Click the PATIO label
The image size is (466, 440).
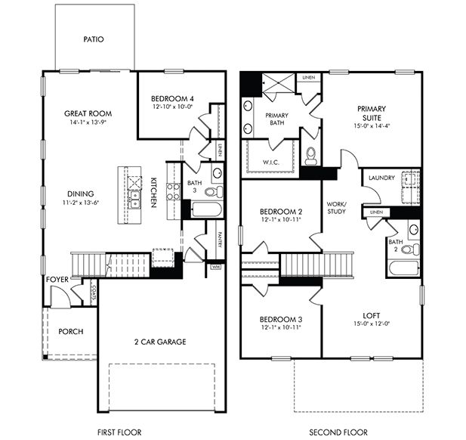(94, 39)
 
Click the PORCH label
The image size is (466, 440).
(70, 331)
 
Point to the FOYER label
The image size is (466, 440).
(57, 279)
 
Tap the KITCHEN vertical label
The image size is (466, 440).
(153, 193)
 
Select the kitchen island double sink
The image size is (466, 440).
(134, 200)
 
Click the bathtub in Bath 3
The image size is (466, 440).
(205, 209)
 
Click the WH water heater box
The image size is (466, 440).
(216, 267)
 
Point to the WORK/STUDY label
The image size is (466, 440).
(336, 209)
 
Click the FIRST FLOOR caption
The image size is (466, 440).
(119, 432)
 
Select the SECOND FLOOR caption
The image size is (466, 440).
(338, 432)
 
